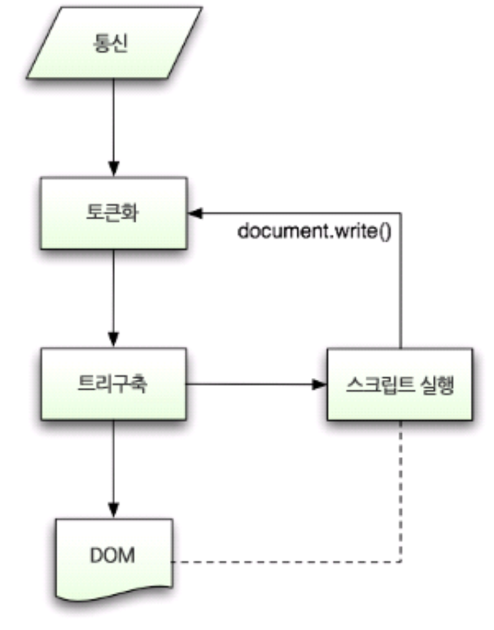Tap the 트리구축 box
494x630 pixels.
pos(114,383)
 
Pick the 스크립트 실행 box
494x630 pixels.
pos(399,383)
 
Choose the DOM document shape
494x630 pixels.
pos(114,556)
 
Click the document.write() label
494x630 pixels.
pos(315,233)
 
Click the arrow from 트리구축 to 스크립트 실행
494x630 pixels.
pos(257,383)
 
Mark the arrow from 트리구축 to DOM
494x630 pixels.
pos(114,467)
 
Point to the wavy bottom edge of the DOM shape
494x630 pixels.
pos(114,596)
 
